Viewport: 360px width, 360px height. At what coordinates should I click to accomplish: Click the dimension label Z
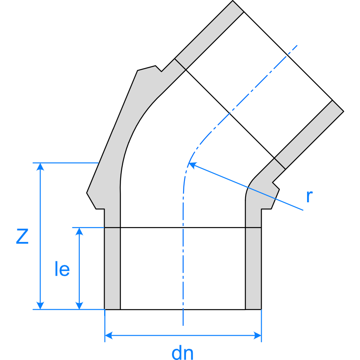coord(22,236)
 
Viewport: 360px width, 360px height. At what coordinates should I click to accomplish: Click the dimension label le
coord(62,268)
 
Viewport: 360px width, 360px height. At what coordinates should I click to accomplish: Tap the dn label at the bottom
coord(183,353)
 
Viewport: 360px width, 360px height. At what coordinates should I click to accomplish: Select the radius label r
coord(310,197)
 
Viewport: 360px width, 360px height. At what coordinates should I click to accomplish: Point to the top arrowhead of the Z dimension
coord(40,166)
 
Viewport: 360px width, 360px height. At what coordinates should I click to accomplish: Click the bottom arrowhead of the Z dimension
coord(40,306)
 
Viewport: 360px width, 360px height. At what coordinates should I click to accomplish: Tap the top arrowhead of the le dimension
coord(79,231)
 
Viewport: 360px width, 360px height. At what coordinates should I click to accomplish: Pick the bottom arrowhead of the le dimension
coord(79,306)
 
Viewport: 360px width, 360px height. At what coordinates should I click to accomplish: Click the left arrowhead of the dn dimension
coord(109,335)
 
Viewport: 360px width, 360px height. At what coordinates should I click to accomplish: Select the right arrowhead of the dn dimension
coord(257,335)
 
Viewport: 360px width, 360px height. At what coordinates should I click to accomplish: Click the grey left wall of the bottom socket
coord(112,268)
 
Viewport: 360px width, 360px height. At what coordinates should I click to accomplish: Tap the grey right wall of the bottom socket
coord(253,268)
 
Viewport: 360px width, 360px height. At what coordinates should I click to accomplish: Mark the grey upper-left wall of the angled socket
coord(209,35)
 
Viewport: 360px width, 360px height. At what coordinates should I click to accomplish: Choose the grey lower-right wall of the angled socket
coord(309,135)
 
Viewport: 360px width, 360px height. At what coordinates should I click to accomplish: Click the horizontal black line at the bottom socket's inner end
coord(183,227)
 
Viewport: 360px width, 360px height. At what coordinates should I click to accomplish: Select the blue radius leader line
coord(246,187)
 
